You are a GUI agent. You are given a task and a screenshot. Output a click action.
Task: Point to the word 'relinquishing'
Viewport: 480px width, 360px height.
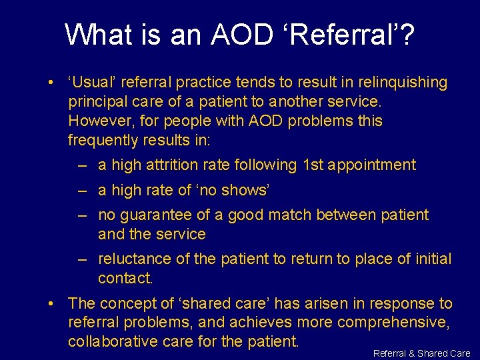[404, 83]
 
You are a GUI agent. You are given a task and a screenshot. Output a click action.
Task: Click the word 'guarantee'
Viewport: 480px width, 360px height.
[157, 215]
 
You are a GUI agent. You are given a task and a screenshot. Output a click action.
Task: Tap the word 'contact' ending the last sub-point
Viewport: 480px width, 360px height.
[124, 278]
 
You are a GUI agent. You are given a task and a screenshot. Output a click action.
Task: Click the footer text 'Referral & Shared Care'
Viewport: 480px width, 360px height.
[421, 353]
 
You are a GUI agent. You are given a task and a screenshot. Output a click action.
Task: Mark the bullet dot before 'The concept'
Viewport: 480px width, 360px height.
[51, 304]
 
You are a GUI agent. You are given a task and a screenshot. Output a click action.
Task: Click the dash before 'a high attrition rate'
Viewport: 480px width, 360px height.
[82, 165]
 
